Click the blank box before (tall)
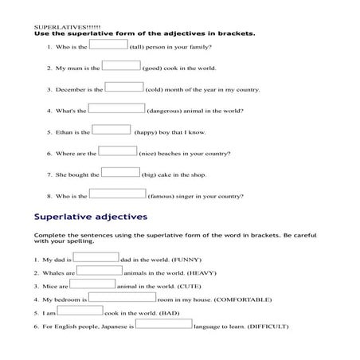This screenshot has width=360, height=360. (109, 45)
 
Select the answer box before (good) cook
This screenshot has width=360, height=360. (121, 66)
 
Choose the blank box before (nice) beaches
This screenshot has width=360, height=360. (118, 151)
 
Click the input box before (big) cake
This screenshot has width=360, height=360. (121, 172)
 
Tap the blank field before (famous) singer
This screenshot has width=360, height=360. (117, 194)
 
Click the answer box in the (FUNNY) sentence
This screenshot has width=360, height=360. (96, 257)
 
